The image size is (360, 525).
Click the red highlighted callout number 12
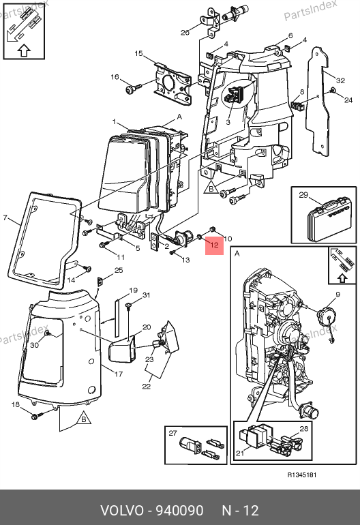click(x=214, y=245)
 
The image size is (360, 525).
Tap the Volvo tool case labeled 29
click(x=330, y=221)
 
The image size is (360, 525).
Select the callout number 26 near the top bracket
click(x=185, y=33)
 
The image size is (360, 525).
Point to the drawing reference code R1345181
click(x=302, y=475)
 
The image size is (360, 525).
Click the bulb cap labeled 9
click(x=325, y=316)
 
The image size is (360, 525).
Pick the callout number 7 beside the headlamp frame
click(x=5, y=218)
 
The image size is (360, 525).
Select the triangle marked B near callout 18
click(x=84, y=419)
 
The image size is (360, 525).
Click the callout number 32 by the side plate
click(x=341, y=80)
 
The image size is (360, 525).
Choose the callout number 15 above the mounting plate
click(x=138, y=53)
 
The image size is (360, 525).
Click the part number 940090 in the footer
click(x=179, y=511)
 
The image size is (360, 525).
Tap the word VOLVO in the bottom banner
click(x=122, y=511)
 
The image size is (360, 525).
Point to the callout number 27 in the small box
click(x=172, y=433)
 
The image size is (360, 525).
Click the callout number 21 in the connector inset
click(x=240, y=453)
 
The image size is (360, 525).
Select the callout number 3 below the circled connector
click(x=228, y=122)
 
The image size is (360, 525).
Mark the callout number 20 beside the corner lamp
click(x=147, y=327)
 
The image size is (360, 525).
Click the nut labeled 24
click(x=333, y=90)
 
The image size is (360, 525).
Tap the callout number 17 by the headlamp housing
click(x=119, y=374)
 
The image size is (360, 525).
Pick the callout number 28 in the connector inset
click(x=303, y=429)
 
